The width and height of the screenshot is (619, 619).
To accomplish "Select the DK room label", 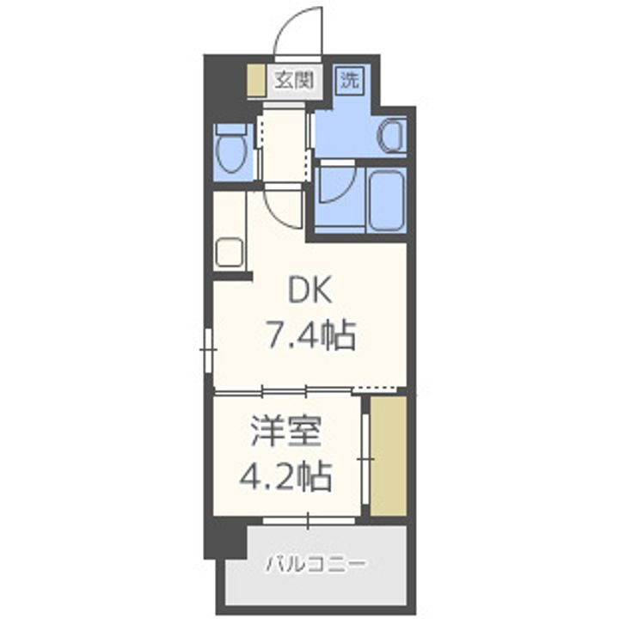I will (309, 293).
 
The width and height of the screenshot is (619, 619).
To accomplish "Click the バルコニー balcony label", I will (316, 565).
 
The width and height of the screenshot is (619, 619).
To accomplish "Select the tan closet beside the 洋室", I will (387, 456).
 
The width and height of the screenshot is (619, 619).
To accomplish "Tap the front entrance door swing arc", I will (297, 34).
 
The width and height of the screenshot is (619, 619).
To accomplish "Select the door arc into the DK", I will (284, 206).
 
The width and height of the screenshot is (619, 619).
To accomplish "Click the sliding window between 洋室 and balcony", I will (308, 520).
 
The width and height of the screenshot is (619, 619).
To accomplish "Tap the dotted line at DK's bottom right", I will (378, 389).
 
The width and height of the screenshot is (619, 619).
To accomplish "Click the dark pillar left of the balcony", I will (225, 537).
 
